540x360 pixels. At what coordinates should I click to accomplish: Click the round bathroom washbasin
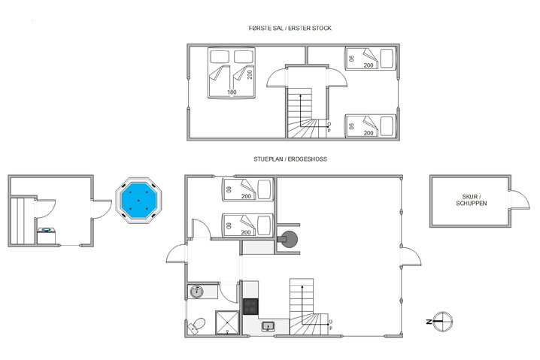point(197,291)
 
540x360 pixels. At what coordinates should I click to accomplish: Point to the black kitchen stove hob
point(250,306)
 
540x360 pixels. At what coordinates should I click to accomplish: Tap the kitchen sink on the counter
point(268,325)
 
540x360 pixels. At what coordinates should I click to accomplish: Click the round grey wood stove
point(287,240)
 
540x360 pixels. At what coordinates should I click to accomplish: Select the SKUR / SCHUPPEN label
point(471,201)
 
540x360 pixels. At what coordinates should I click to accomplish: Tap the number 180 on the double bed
point(232,92)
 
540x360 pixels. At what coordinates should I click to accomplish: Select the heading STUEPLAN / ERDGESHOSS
point(290,159)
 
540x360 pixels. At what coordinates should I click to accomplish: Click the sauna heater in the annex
point(46,234)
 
